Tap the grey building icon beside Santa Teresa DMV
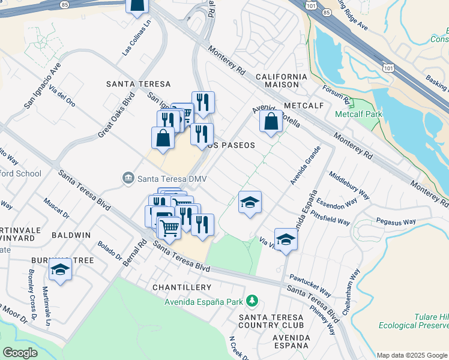128,178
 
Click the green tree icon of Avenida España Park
254,300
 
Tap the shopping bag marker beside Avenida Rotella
271,121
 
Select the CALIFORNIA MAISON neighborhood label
281,80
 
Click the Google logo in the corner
20,353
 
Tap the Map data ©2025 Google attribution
412,355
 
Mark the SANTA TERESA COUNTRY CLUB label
276,321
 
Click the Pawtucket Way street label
309,286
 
